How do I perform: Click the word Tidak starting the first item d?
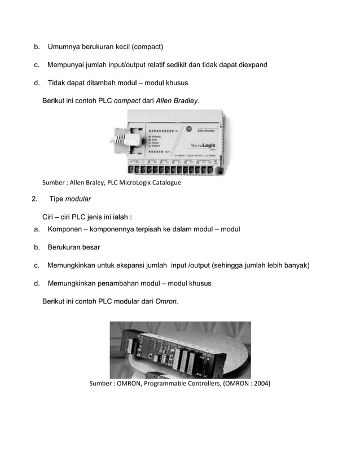coord(57,83)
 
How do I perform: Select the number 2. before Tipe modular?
coord(35,199)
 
